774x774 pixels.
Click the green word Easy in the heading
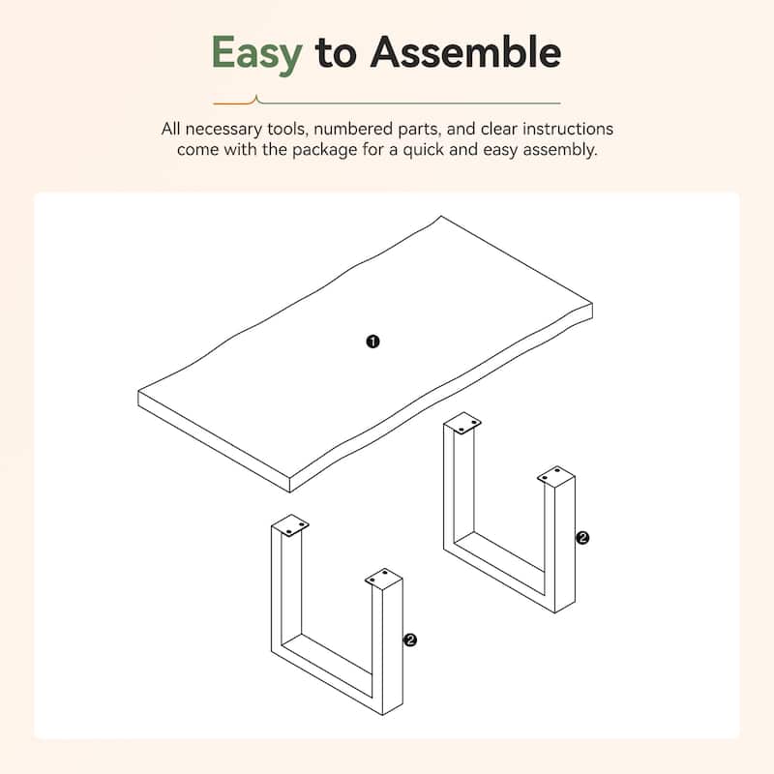[256, 53]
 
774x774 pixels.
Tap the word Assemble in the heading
[465, 51]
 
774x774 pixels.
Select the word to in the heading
[336, 53]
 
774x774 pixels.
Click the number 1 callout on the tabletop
[372, 342]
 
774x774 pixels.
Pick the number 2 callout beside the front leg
[410, 640]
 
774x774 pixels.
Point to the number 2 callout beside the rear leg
[582, 538]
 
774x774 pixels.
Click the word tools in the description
[286, 129]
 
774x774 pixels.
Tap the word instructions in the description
[568, 129]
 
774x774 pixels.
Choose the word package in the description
[325, 150]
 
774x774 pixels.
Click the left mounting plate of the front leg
[289, 525]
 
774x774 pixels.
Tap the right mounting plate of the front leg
[384, 577]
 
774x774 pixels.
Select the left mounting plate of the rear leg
[462, 424]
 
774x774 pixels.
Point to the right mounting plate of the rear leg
[555, 476]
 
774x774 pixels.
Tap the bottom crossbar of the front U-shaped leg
[328, 672]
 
